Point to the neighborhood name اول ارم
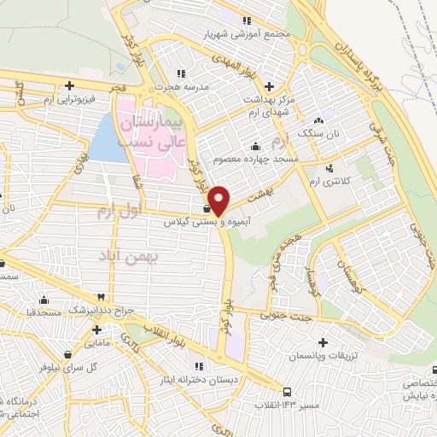pyautogui.click(x=117, y=210)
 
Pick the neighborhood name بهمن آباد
pyautogui.click(x=125, y=256)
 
